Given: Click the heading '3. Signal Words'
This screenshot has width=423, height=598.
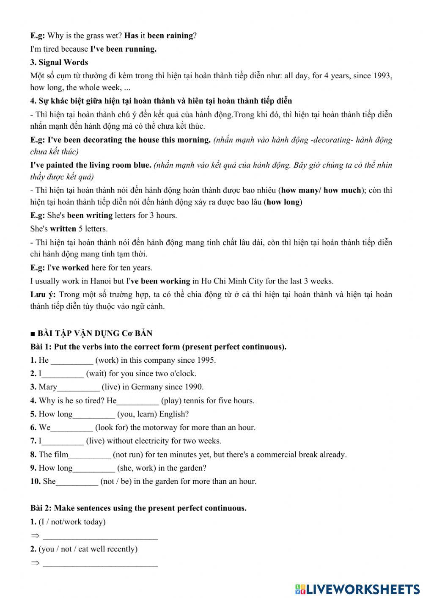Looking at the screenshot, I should [59, 63].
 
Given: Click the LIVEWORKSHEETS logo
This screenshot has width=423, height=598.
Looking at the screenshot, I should [357, 589].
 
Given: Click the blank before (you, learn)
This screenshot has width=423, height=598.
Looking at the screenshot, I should [94, 414].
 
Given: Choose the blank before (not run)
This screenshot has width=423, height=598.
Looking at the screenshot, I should [89, 455].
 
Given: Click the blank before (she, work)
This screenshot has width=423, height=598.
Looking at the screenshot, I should [94, 468].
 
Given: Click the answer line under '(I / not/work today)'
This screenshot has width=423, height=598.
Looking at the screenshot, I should [100, 536].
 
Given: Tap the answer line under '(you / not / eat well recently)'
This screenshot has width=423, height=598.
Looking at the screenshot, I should [100, 563].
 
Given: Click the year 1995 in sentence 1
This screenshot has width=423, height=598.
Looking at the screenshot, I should [206, 361].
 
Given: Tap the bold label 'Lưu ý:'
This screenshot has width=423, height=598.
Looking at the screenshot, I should [43, 295].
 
